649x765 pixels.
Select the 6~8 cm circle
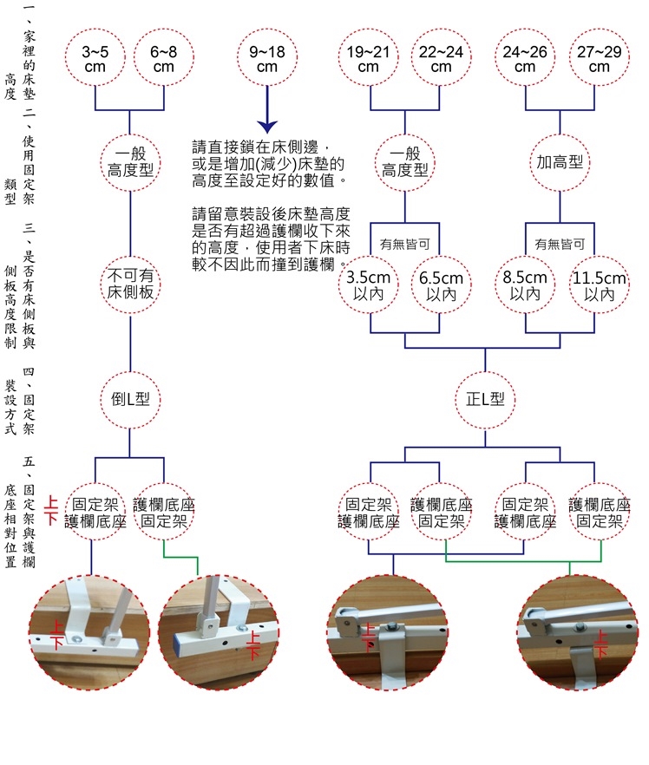(163, 59)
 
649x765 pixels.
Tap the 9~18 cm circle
(267, 59)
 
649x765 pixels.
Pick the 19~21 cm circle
(369, 59)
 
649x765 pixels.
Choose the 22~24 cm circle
(441, 59)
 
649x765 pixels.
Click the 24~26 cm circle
(525, 59)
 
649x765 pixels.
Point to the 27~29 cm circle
(599, 59)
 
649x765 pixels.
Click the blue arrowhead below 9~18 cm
(267, 128)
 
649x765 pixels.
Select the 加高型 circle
(560, 162)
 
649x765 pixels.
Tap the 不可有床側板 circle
(130, 284)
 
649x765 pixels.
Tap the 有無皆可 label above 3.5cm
(404, 245)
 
